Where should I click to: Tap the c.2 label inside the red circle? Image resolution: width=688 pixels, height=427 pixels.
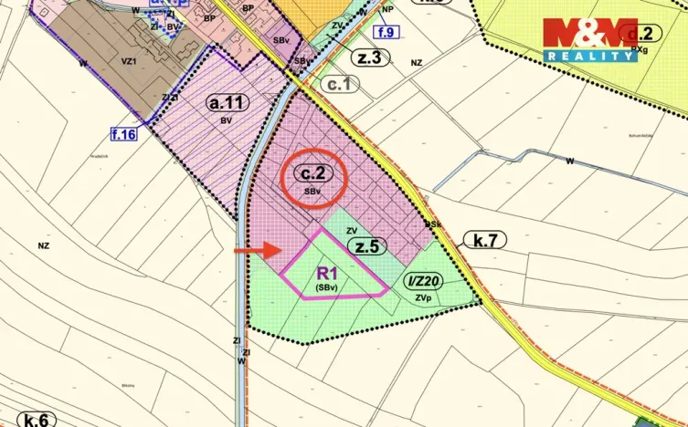click(312, 173)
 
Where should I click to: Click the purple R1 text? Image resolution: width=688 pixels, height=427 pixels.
click(328, 272)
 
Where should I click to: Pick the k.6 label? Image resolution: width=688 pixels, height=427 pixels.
click(36, 421)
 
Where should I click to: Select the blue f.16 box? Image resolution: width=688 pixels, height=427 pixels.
click(123, 136)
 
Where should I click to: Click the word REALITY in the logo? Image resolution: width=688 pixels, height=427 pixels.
click(590, 56)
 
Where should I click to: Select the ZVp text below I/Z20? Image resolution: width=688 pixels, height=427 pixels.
click(421, 297)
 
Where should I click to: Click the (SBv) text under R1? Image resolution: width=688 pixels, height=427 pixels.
click(327, 286)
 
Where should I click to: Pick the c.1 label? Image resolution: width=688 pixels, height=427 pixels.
click(340, 84)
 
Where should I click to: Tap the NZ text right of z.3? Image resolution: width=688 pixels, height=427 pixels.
click(417, 63)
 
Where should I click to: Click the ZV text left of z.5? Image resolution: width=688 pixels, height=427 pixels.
click(351, 232)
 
